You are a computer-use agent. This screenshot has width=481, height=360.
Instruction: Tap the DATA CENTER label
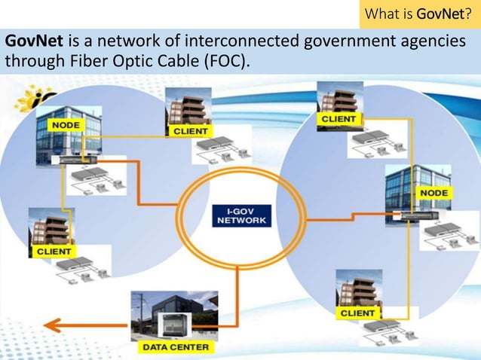pos(176,347)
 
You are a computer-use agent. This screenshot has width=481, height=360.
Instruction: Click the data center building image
pos(173,316)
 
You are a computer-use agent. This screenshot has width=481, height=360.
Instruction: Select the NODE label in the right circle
pos(434,194)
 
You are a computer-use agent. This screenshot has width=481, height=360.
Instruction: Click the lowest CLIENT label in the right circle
pos(357,313)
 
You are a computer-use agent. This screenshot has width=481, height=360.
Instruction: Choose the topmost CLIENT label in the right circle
pos(339,119)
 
